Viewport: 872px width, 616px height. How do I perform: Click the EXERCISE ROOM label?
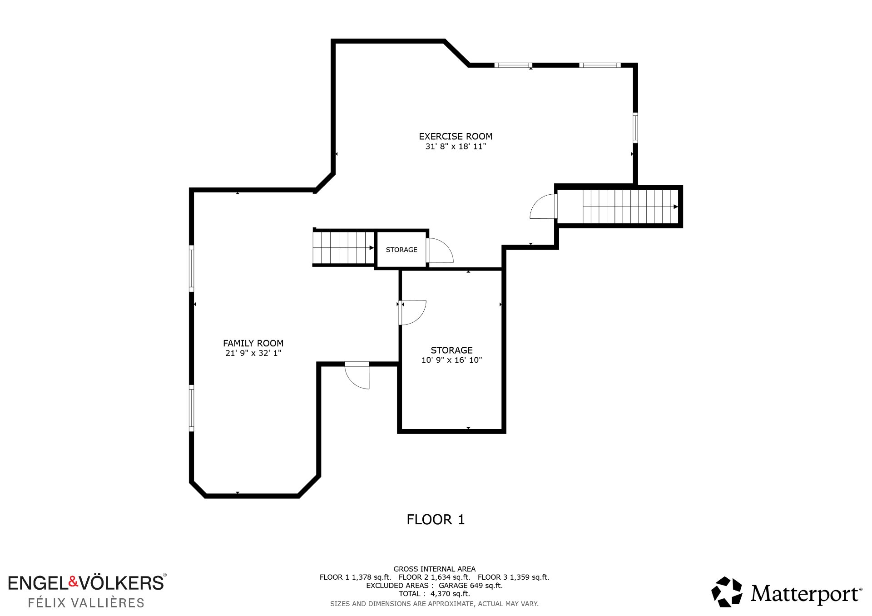[456, 136]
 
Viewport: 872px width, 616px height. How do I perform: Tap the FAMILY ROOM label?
[253, 343]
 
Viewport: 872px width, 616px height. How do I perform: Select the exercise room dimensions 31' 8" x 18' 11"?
[456, 146]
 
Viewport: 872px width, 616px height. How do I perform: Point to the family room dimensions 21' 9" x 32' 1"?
[253, 353]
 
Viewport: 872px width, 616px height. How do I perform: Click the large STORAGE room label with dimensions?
[451, 355]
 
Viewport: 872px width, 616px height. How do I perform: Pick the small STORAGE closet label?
[401, 250]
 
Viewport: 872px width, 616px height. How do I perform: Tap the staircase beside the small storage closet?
[343, 248]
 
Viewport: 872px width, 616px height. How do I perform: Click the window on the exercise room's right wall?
[635, 128]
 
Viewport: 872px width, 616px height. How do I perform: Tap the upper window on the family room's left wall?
[192, 269]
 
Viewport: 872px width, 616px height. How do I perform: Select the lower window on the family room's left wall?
[192, 408]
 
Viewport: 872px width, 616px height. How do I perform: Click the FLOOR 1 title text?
[436, 519]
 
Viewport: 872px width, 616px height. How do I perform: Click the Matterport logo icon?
[727, 591]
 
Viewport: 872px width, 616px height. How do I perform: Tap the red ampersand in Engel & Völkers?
[74, 581]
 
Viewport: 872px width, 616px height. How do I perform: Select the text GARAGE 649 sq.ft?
[471, 586]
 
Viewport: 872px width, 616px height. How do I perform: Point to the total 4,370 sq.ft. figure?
[450, 594]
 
